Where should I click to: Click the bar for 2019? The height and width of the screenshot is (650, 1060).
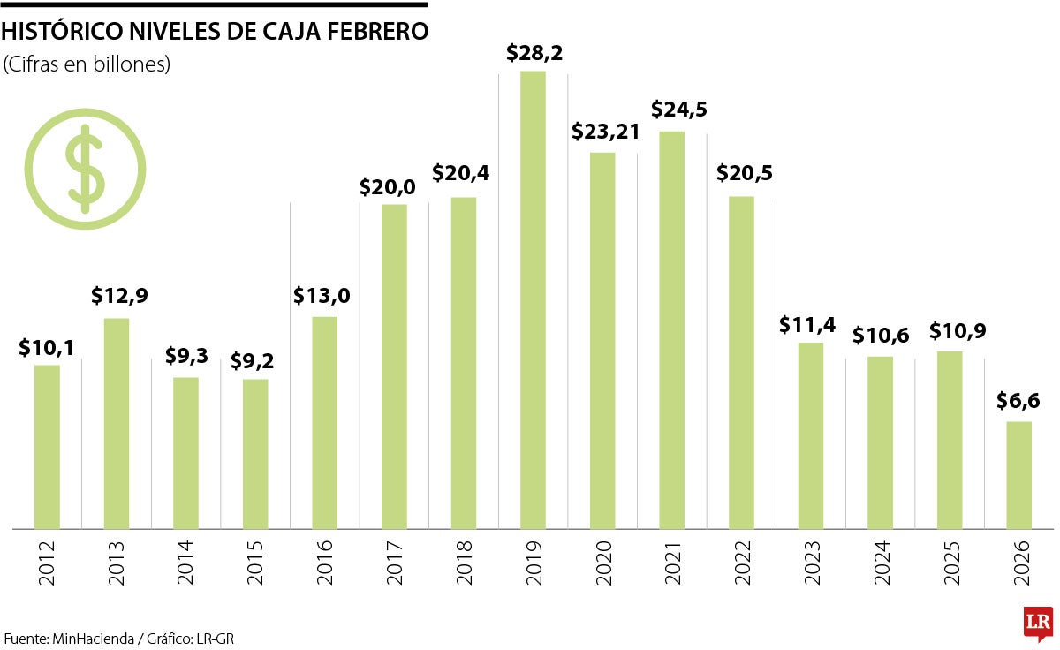533,300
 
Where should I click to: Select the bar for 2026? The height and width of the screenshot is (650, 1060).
1018,475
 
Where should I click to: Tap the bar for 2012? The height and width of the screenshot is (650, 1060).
47,447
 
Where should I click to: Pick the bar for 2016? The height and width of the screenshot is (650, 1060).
325,422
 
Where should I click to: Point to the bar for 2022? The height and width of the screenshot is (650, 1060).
741,362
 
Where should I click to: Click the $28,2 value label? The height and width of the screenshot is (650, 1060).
534,53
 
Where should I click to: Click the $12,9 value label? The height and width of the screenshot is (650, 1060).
119,296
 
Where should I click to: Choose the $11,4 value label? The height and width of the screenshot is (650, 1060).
807,324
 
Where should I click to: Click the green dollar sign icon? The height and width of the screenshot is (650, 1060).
85,169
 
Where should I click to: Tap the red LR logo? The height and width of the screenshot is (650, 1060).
1037,624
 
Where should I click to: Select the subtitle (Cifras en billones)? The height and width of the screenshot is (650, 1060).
87,64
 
